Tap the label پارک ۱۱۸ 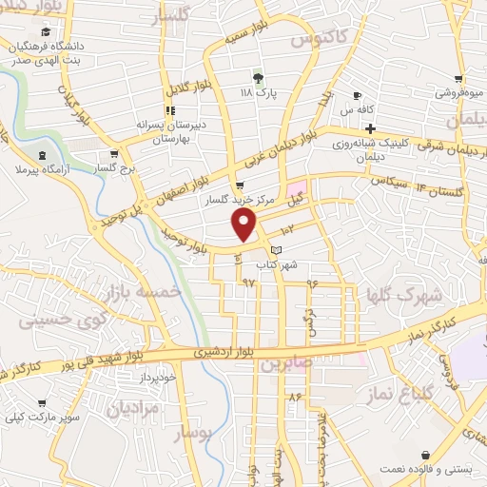coord(259,94)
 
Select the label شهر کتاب coord(277,265)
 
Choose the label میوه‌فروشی coord(458,93)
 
